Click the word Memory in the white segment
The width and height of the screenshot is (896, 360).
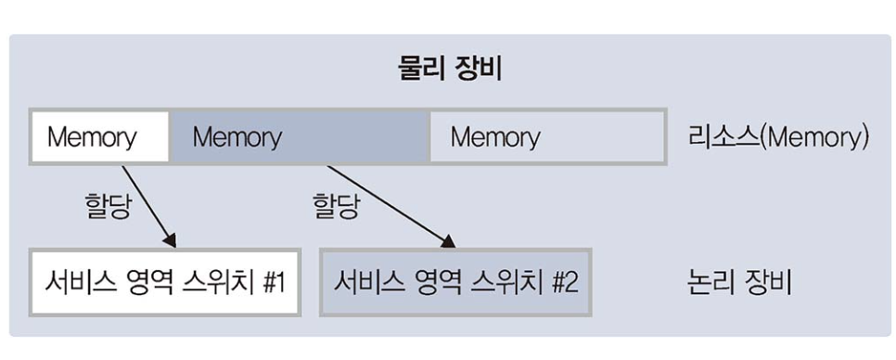[92, 138]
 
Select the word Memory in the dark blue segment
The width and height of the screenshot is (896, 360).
[237, 138]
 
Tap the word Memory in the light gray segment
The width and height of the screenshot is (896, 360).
[494, 138]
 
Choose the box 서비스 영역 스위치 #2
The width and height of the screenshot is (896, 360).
[455, 281]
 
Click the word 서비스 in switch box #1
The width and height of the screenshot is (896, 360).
[74, 281]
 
